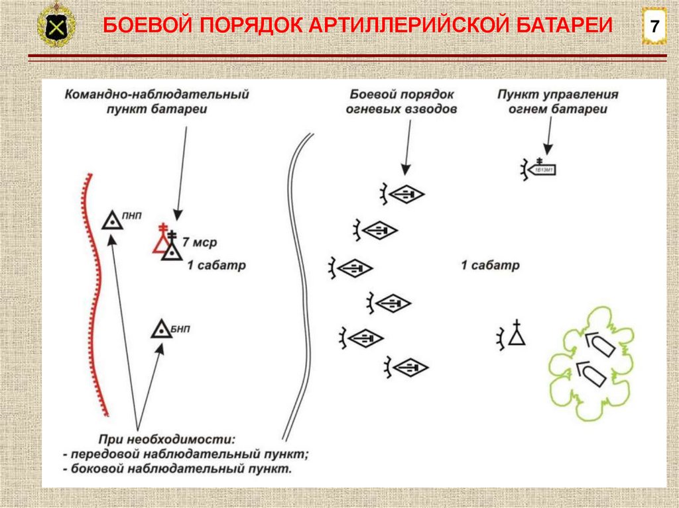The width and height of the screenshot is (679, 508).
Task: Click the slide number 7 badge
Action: coord(654,27)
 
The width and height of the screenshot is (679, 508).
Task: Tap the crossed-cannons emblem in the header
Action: coord(56,27)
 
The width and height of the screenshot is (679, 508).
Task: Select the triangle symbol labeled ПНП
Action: coord(113,220)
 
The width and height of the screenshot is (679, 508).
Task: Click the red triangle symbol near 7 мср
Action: coord(161,242)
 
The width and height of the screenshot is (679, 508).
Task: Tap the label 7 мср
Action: coord(200,242)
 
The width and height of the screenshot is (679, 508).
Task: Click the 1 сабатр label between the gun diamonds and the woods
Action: coord(490,266)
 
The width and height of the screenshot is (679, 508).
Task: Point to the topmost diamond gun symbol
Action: coord(406,194)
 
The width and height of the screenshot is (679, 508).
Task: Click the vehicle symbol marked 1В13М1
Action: coord(540,170)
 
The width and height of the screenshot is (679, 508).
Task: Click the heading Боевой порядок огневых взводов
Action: coord(401,101)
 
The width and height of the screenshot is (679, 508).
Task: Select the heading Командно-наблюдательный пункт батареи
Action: coord(156,101)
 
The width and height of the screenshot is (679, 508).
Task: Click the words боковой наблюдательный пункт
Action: coord(182,469)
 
